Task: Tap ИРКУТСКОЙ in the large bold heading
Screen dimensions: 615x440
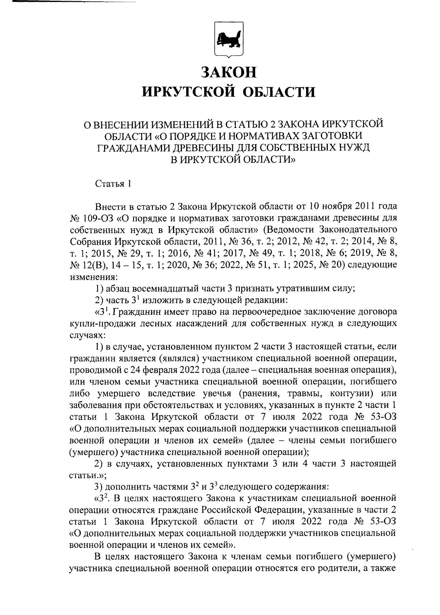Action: (188, 92)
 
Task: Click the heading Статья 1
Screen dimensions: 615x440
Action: (113, 184)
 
